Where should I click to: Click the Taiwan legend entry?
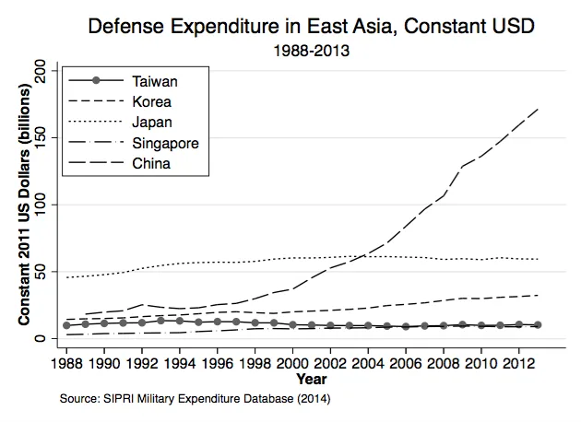[x=155, y=81]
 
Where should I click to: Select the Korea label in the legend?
[x=152, y=101]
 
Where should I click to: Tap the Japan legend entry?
[x=152, y=123]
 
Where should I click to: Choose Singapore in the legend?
[x=166, y=143]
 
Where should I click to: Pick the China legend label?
[x=151, y=163]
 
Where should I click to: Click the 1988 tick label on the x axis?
[x=66, y=363]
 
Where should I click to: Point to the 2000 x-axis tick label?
[x=292, y=363]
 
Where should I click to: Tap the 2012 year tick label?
[x=518, y=363]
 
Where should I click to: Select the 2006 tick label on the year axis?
[x=406, y=363]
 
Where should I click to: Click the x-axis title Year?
[x=312, y=379]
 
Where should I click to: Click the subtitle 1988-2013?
[x=312, y=51]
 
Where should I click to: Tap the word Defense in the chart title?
[x=125, y=27]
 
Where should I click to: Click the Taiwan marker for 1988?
[x=66, y=325]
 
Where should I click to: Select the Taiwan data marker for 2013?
[x=538, y=324]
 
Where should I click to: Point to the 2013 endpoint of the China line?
[x=538, y=110]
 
